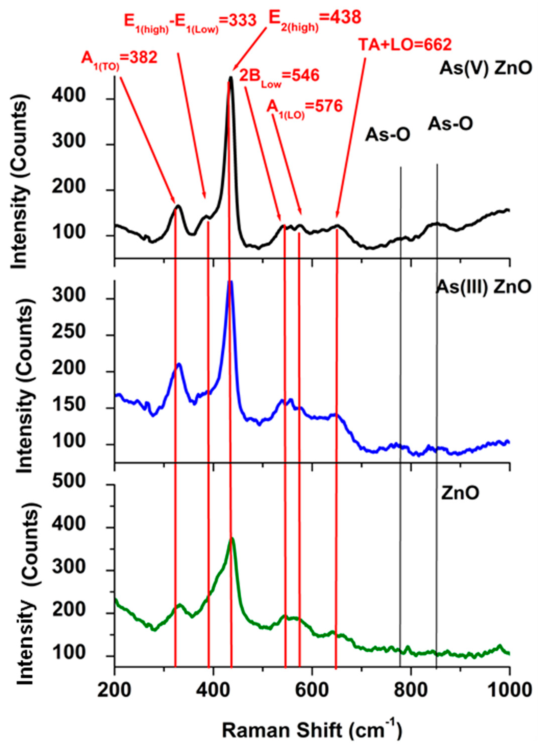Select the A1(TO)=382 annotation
pos(119,59)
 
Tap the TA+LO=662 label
pos(405,45)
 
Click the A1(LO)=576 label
pos(304,107)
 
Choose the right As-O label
pos(450,124)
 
